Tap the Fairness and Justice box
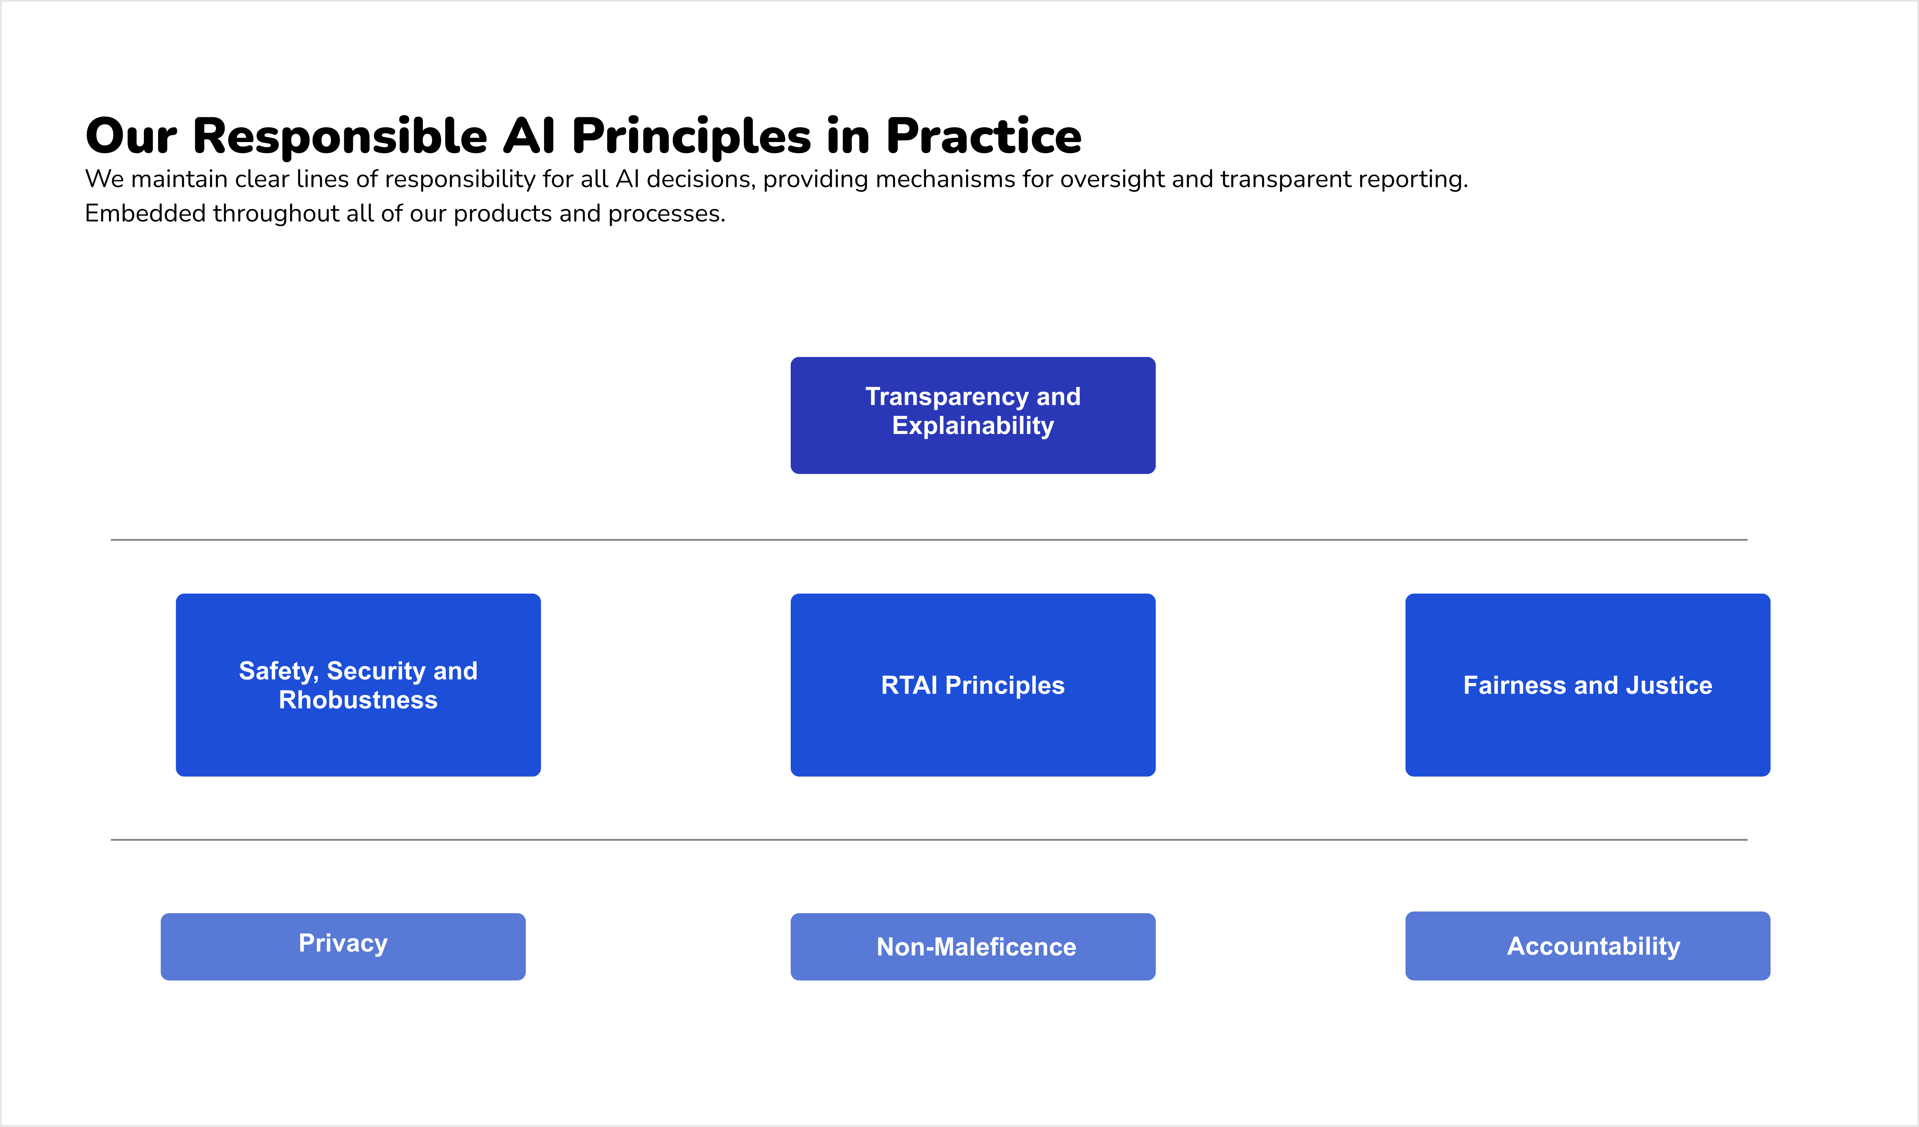point(1588,684)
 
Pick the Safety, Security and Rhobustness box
point(358,684)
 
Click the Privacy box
point(343,946)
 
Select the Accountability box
point(1588,946)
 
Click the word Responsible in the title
point(339,137)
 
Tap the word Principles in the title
point(692,137)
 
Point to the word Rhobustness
point(358,700)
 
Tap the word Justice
point(1669,685)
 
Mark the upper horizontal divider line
point(929,540)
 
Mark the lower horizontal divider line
point(929,840)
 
